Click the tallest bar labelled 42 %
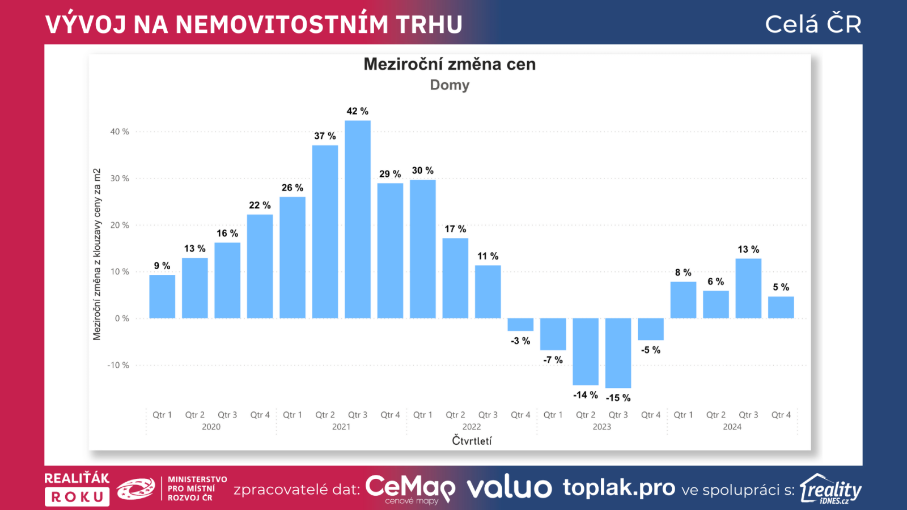358,219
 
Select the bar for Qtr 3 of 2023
618,352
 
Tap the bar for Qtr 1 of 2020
162,296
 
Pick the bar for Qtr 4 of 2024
781,307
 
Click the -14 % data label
585,395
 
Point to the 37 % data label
325,136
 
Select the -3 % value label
520,341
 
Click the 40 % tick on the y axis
120,131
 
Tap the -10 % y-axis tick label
118,365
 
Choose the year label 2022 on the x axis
472,427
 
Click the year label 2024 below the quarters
732,427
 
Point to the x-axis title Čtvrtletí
472,440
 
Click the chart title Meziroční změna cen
450,64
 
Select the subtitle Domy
450,85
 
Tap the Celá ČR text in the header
813,24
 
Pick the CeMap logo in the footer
410,488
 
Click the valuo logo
509,488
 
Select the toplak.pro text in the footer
618,488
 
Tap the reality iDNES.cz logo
830,489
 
